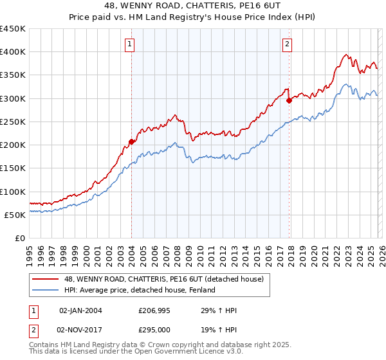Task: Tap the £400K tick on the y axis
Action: (x=12, y=52)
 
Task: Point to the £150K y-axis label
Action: (x=12, y=168)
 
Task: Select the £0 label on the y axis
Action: (x=19, y=238)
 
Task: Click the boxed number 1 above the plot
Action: (x=130, y=44)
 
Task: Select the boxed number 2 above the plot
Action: (x=287, y=44)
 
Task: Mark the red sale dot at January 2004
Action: (x=131, y=141)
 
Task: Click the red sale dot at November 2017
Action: (x=289, y=100)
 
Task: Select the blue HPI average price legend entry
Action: (x=140, y=290)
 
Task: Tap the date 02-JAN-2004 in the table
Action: (x=80, y=310)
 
